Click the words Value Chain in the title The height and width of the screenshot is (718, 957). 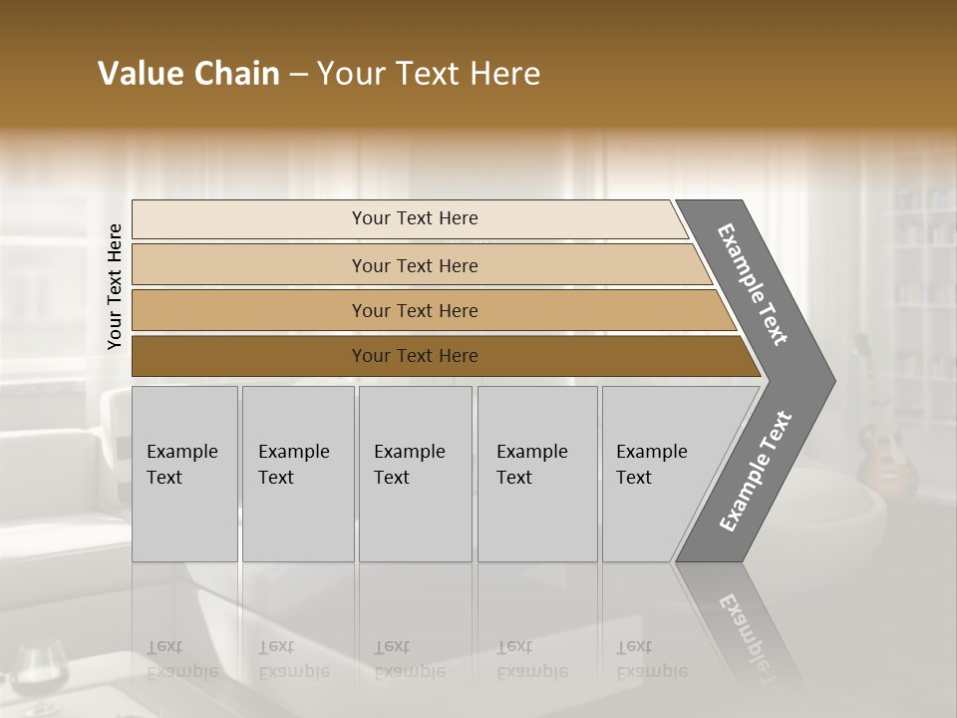point(188,74)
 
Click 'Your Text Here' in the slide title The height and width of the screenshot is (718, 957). point(429,74)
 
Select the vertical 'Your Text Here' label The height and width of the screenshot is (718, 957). point(115,286)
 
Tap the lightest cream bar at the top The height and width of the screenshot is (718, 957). point(414,218)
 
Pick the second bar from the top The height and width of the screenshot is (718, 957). point(414,265)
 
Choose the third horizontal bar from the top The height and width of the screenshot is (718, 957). point(414,310)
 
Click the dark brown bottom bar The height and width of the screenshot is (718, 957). point(414,356)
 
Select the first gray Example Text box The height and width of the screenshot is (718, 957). point(184,474)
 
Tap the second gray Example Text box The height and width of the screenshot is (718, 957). point(298,474)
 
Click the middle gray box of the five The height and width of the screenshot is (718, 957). point(415,474)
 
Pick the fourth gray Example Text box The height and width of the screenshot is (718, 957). point(537,474)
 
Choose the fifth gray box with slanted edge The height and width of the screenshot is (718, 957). point(658,474)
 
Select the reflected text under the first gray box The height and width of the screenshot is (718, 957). point(181,659)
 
